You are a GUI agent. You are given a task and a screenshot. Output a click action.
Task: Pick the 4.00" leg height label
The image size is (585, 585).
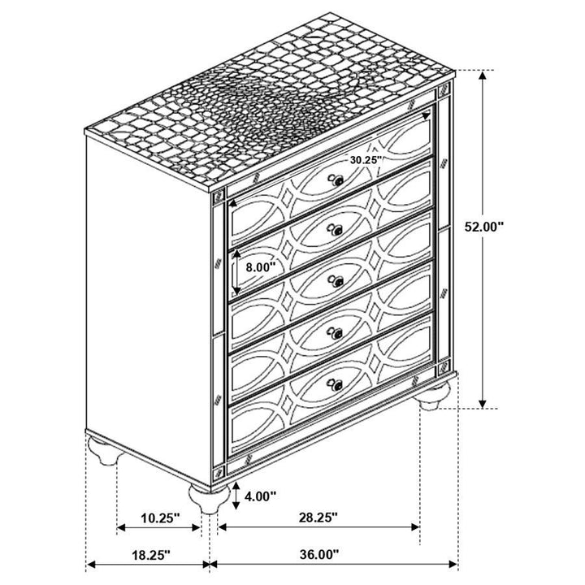tap(261, 495)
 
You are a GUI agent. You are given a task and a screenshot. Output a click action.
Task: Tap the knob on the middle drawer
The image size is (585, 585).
tap(334, 280)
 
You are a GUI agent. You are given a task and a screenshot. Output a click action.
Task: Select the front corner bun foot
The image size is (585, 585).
tap(204, 496)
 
